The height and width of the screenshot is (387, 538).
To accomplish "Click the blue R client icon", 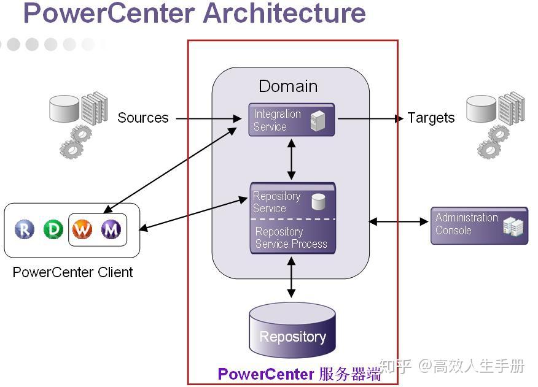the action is [x=25, y=229].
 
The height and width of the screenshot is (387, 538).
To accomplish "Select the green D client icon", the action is [x=53, y=229].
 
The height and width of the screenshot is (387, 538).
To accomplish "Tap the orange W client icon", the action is [x=82, y=229].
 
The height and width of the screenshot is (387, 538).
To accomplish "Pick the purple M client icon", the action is [x=111, y=229].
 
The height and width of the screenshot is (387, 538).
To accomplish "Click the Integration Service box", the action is [x=291, y=120].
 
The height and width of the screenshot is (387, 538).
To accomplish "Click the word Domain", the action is [x=288, y=86].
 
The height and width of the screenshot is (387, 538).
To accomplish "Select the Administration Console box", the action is [x=479, y=226].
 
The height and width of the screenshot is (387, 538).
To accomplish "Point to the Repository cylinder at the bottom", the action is [x=292, y=330].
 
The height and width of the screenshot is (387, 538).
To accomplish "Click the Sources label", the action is [x=143, y=118].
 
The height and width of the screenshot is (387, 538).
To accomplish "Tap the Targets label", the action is [x=431, y=118].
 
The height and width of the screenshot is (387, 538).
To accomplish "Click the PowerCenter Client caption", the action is [x=72, y=272].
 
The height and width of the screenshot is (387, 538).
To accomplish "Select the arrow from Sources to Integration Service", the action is [x=209, y=118].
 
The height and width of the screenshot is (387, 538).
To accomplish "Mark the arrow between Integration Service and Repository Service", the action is [x=291, y=159].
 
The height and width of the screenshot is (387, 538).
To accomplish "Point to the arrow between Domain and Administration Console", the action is [x=399, y=221].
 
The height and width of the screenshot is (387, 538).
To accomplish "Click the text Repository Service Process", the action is [x=291, y=237].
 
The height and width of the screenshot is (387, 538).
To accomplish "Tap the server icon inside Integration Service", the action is [x=318, y=120].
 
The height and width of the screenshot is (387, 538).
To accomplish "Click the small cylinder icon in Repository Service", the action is [x=318, y=202].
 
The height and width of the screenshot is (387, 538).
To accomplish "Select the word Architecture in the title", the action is [x=284, y=13].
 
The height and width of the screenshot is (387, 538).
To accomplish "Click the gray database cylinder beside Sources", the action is [x=64, y=109].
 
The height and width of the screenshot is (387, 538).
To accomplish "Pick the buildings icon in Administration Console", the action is [x=513, y=226].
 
